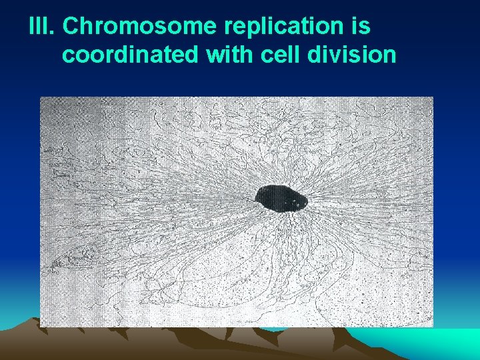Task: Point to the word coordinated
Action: [x=130, y=55]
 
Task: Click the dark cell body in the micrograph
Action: [x=281, y=197]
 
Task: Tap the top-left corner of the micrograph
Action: [x=41, y=97]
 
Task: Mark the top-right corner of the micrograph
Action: [x=433, y=97]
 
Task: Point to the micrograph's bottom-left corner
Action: [x=41, y=326]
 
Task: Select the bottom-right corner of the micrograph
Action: [x=433, y=326]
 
